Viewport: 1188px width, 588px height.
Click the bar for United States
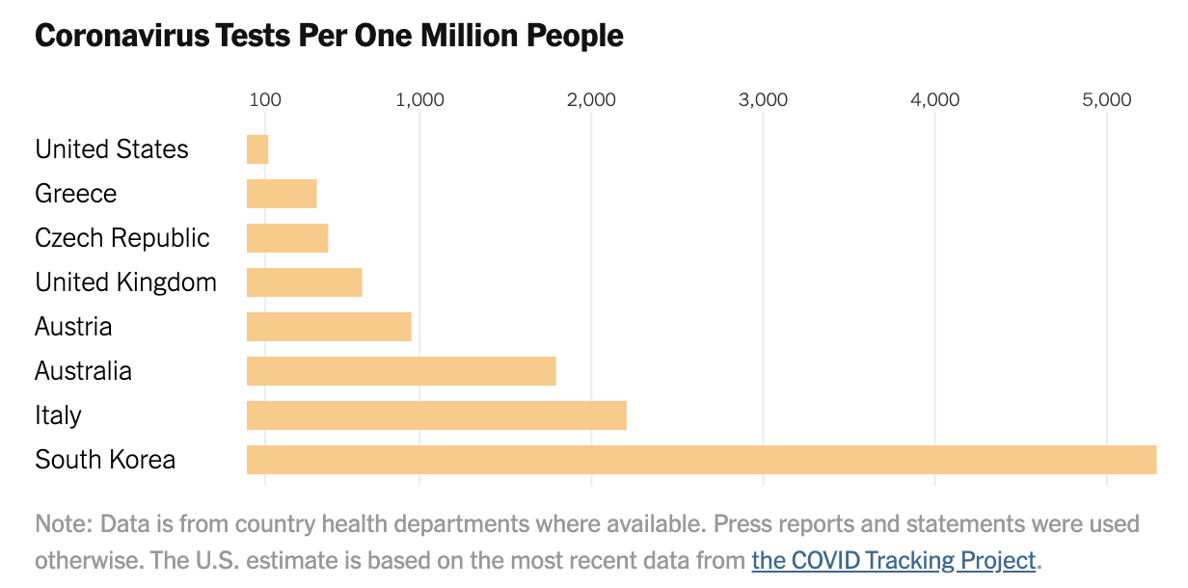(257, 149)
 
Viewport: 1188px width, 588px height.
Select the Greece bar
(282, 194)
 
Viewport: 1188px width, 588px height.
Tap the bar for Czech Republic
(287, 238)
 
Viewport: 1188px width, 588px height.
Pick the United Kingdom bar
(305, 282)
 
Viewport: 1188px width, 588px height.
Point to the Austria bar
(329, 327)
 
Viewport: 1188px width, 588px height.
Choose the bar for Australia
(401, 371)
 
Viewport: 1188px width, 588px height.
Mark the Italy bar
(437, 415)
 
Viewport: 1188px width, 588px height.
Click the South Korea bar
(701, 460)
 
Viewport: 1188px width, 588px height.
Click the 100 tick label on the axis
(265, 100)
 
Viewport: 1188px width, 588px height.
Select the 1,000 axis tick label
(419, 100)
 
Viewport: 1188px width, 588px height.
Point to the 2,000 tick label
(591, 100)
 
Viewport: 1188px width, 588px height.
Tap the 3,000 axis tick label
(763, 100)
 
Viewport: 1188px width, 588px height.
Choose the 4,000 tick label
(934, 100)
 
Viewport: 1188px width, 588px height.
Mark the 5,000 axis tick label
(1106, 100)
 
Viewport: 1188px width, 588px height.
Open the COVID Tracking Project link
(894, 560)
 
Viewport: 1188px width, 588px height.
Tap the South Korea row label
(105, 460)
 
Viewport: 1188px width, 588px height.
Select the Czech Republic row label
(121, 238)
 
